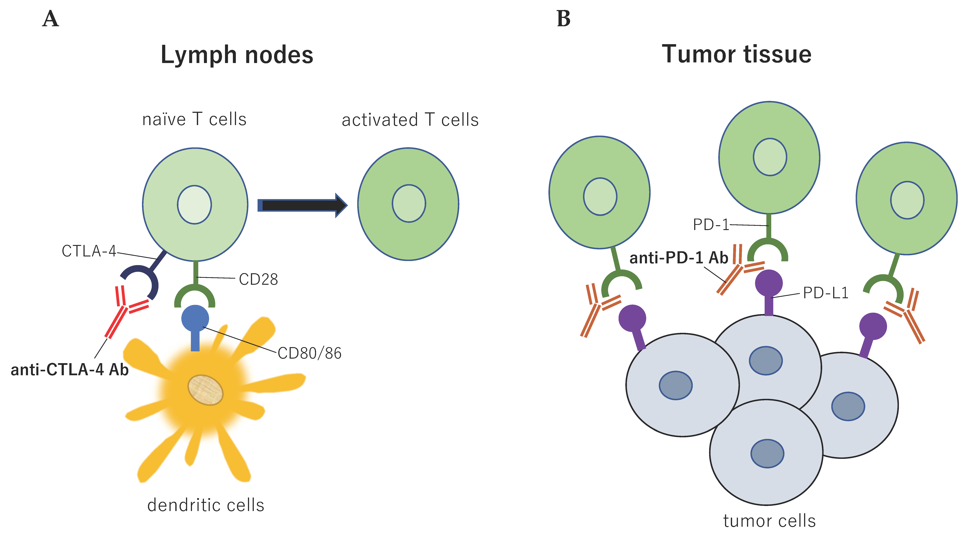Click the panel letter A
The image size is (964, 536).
[50, 19]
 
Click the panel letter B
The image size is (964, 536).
[563, 19]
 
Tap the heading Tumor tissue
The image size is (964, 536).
[736, 54]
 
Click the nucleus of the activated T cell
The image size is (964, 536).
[409, 203]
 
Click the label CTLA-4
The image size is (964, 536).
[89, 251]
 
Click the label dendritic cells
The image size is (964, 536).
[206, 505]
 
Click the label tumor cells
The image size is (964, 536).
[769, 521]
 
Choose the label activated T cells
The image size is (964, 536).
[410, 120]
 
